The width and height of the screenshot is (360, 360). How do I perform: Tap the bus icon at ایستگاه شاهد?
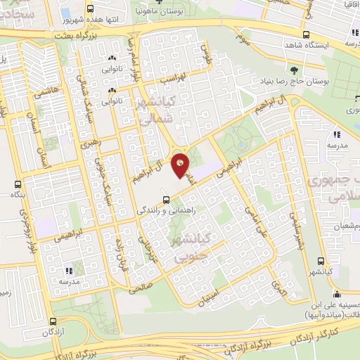tap(305, 34)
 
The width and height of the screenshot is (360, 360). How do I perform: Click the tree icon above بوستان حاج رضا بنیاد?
tap(293, 70)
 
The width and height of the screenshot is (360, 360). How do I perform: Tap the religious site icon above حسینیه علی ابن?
tap(337, 294)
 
